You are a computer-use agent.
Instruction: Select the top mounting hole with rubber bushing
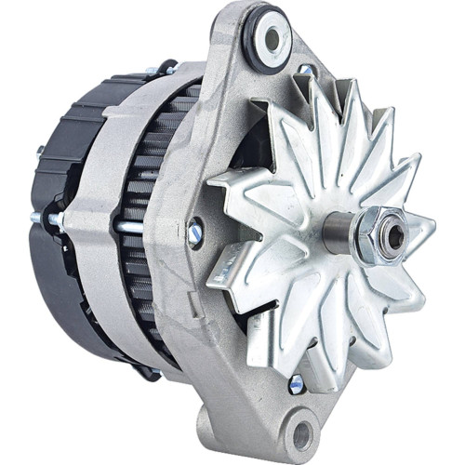coord(272,38)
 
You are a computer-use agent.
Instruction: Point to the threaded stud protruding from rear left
coord(37,219)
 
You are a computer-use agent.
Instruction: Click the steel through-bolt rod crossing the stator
coord(139,226)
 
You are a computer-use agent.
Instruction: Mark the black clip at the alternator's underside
coord(149,372)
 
